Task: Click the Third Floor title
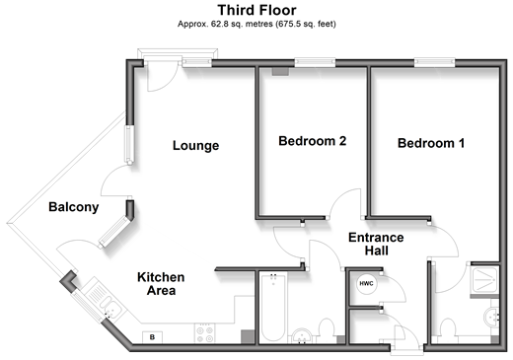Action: coord(256,10)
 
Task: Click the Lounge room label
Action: coord(195,145)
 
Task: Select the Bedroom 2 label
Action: coord(313,141)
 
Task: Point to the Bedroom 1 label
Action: coord(431,143)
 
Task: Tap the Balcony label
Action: coord(74,207)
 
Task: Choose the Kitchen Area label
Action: coord(161,284)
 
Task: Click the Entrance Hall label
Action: coord(376,244)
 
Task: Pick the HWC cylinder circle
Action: coord(366,283)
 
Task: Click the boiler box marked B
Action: coord(152,337)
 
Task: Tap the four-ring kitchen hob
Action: coord(204,333)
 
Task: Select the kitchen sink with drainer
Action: coord(104,301)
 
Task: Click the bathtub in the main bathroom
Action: coord(273,307)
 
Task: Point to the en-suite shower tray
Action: coord(485,280)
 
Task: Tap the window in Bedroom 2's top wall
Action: coord(315,63)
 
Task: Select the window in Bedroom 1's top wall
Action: coord(435,63)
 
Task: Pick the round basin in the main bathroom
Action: coord(302,336)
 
